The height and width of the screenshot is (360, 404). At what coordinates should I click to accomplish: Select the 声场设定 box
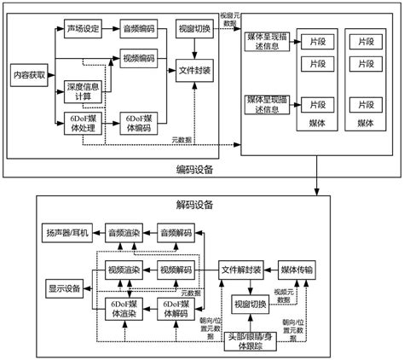[84, 29]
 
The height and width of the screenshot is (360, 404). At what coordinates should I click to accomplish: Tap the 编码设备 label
[194, 169]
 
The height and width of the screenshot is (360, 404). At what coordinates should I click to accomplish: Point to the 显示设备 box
[64, 288]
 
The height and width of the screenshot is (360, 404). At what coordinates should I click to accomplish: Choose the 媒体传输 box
[300, 270]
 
